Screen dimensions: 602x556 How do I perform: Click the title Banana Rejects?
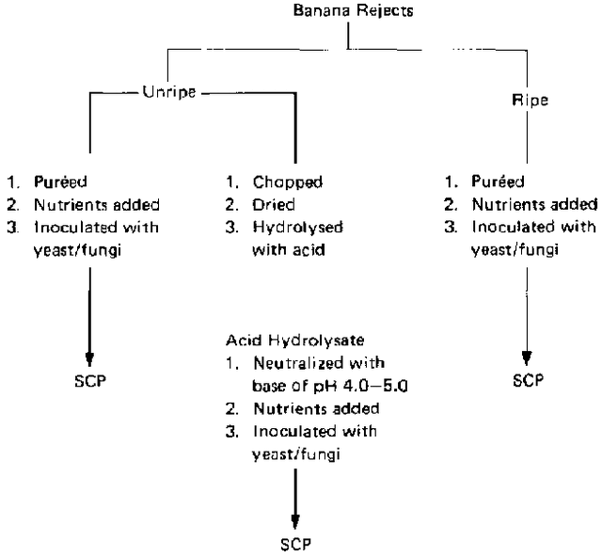tap(354, 10)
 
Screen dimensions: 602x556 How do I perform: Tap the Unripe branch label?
tap(169, 92)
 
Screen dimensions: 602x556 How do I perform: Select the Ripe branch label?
tap(530, 101)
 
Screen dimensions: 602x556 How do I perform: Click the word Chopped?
tap(288, 183)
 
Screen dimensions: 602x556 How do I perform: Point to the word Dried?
tap(274, 205)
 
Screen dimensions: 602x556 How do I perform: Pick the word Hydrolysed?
tap(297, 228)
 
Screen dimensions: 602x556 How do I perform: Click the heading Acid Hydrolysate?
tap(294, 341)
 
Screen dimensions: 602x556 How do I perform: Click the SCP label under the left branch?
tap(90, 381)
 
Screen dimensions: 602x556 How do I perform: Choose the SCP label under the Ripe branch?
tap(529, 380)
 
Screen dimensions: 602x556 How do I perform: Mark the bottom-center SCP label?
tap(295, 544)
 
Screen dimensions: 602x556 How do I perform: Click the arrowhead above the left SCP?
tap(90, 359)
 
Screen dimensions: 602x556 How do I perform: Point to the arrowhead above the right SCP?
tap(527, 358)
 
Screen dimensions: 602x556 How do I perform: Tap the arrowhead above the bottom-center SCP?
tap(294, 522)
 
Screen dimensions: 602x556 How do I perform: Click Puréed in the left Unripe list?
tap(60, 182)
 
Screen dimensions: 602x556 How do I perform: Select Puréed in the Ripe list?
tap(498, 182)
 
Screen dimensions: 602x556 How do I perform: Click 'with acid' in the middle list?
tap(289, 250)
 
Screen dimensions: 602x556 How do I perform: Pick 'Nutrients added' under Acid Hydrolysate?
tap(317, 408)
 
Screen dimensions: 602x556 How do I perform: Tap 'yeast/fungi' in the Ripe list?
tap(515, 250)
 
